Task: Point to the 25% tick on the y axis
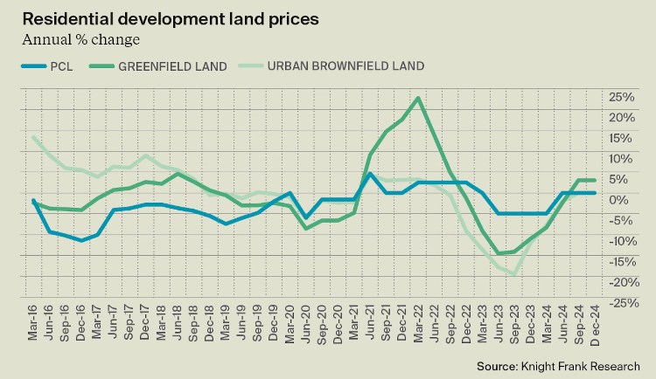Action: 623,96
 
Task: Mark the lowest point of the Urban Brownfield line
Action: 514,273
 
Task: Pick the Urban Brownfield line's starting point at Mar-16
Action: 33,137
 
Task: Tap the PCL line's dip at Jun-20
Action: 306,217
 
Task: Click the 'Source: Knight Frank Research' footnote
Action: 558,365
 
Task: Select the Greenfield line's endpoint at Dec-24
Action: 595,181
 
